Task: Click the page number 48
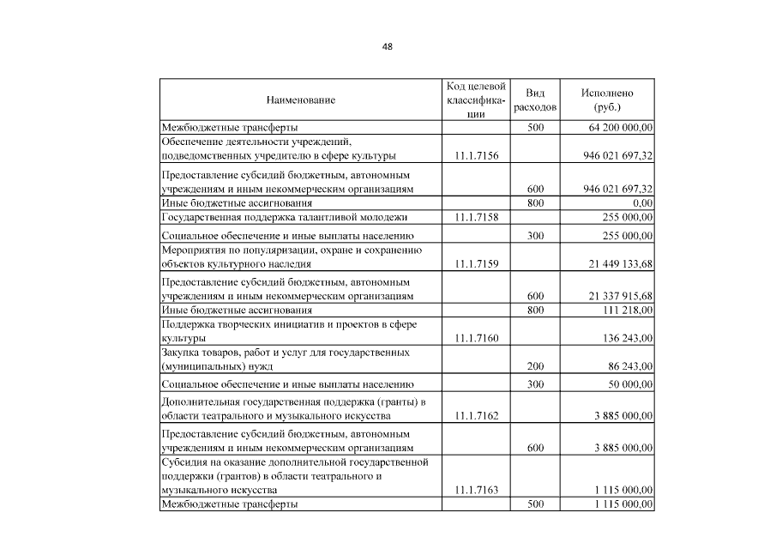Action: coord(388,47)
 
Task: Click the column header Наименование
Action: coord(300,100)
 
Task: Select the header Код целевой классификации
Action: coord(476,100)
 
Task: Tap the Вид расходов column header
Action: coord(535,100)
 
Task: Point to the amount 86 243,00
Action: coord(629,366)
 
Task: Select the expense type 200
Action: coord(535,366)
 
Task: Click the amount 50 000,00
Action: coord(629,385)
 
